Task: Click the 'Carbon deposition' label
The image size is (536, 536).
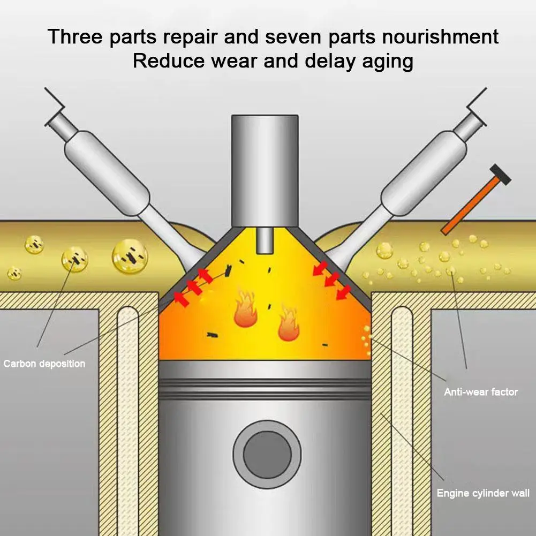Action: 44,364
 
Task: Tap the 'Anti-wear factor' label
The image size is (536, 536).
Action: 481,392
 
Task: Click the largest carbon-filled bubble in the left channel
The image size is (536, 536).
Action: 130,256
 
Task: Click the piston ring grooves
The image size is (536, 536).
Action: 265,389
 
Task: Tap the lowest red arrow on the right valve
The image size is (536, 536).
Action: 343,292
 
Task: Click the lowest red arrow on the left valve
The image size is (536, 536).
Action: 182,300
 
